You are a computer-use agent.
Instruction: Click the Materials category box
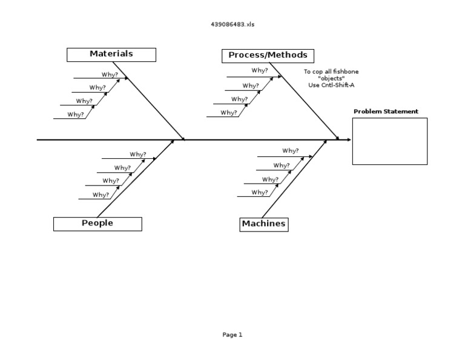pyautogui.click(x=111, y=54)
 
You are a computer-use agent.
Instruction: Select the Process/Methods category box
pyautogui.click(x=268, y=56)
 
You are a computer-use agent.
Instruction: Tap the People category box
pyautogui.click(x=97, y=224)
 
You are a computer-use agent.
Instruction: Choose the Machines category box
pyautogui.click(x=263, y=224)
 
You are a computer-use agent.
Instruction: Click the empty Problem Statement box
pyautogui.click(x=389, y=141)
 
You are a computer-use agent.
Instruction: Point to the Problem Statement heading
pyautogui.click(x=386, y=112)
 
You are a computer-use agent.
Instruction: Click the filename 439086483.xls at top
pyautogui.click(x=232, y=24)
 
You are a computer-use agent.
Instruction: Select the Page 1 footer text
pyautogui.click(x=232, y=335)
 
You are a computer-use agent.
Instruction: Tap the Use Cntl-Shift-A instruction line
pyautogui.click(x=331, y=85)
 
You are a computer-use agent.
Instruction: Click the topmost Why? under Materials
pyautogui.click(x=110, y=75)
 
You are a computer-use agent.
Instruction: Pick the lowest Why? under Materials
pyautogui.click(x=76, y=115)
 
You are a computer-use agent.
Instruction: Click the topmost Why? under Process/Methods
pyautogui.click(x=260, y=71)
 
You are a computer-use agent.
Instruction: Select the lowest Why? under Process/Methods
pyautogui.click(x=228, y=113)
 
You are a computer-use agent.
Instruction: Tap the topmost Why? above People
pyautogui.click(x=137, y=155)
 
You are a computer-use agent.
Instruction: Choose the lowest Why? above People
pyautogui.click(x=101, y=195)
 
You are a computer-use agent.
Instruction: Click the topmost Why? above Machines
pyautogui.click(x=290, y=151)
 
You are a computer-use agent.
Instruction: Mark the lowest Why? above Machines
pyautogui.click(x=259, y=193)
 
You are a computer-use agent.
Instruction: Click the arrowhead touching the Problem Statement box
pyautogui.click(x=349, y=140)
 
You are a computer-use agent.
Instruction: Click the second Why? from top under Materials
pyautogui.click(x=97, y=88)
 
